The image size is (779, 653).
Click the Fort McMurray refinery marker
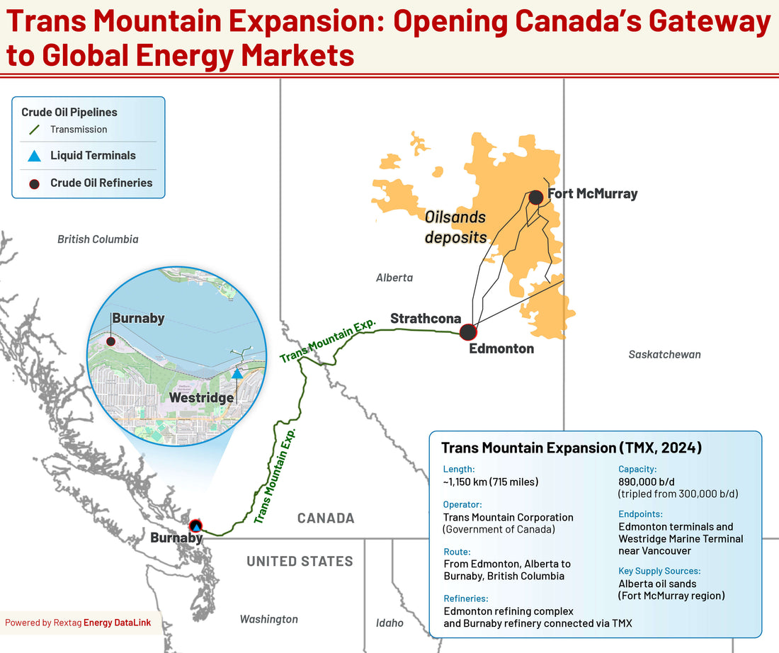pyautogui.click(x=535, y=197)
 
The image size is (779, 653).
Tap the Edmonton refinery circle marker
pyautogui.click(x=468, y=331)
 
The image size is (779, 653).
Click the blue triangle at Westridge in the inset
pyautogui.click(x=237, y=372)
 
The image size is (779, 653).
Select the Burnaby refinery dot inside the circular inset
pyautogui.click(x=110, y=341)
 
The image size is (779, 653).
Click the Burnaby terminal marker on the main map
pyautogui.click(x=195, y=526)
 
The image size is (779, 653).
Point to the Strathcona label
pyautogui.click(x=426, y=318)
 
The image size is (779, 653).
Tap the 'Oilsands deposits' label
pyautogui.click(x=457, y=227)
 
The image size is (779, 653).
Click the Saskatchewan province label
pyautogui.click(x=664, y=353)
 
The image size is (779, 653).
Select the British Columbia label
pyautogui.click(x=98, y=239)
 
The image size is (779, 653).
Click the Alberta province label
pyautogui.click(x=394, y=278)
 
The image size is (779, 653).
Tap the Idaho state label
pyautogui.click(x=389, y=623)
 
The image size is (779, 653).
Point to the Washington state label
pyautogui.click(x=268, y=619)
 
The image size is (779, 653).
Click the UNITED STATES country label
pyautogui.click(x=300, y=561)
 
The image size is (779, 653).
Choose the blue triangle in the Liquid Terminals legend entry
pyautogui.click(x=34, y=156)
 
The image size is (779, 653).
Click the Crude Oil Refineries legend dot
pyautogui.click(x=34, y=183)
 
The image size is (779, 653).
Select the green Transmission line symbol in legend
pyautogui.click(x=34, y=130)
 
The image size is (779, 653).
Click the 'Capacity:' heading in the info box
pyautogui.click(x=637, y=469)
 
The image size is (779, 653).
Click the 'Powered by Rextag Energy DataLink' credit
pyautogui.click(x=77, y=623)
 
